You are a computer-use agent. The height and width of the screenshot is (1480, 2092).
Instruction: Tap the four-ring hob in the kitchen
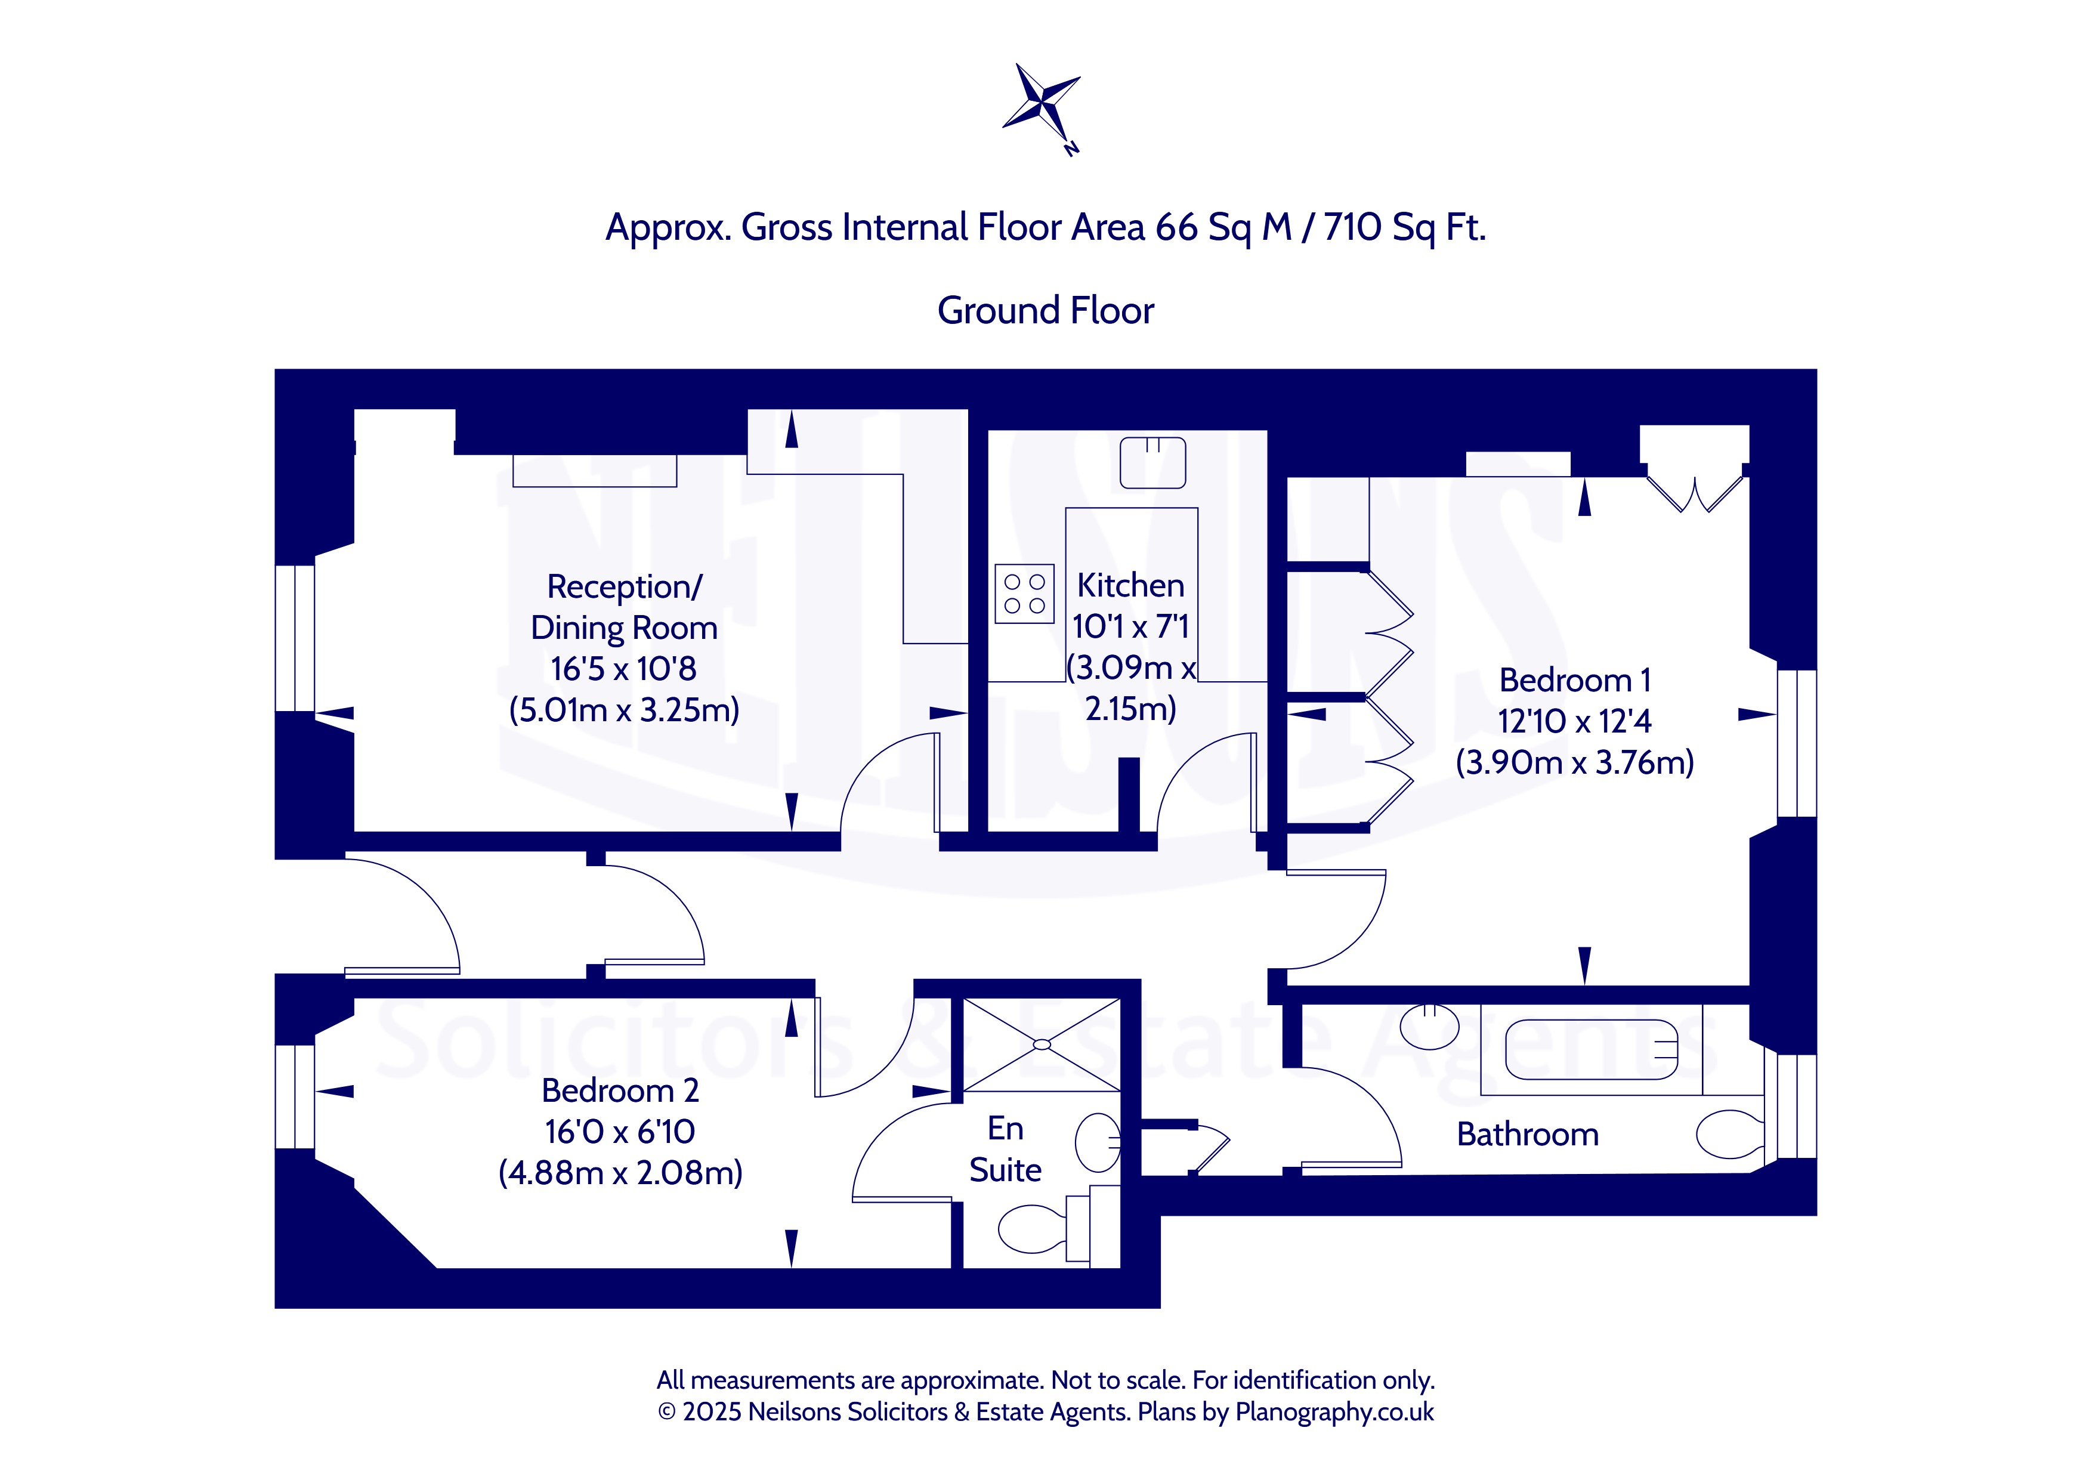coord(1024,594)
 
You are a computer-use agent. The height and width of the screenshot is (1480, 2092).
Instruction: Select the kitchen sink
coord(1152,462)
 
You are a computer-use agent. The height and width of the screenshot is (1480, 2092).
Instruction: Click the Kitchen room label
coord(1131,585)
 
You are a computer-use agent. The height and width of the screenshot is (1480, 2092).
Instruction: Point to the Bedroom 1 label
coord(1574,680)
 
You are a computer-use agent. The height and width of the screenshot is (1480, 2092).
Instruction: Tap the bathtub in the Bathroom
coord(1591,1050)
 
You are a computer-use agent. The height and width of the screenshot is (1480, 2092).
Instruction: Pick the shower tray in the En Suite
coord(1042,1045)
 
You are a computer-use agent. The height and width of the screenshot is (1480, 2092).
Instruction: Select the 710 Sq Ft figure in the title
coord(1404,227)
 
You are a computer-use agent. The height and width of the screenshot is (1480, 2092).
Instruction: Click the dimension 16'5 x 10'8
coord(623,669)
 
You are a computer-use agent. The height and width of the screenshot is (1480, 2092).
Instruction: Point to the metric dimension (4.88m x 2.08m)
coord(620,1172)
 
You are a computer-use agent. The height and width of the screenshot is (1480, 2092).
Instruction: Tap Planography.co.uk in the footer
coord(1334,1411)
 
